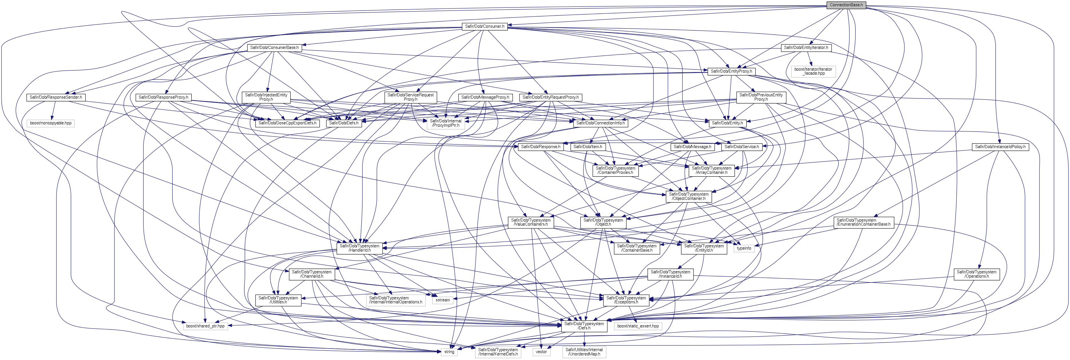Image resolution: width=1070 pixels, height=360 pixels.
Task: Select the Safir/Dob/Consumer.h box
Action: pyautogui.click(x=484, y=26)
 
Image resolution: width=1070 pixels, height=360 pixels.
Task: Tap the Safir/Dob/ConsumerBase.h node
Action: pyautogui.click(x=274, y=48)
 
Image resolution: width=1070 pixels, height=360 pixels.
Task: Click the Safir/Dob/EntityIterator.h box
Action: pyautogui.click(x=806, y=48)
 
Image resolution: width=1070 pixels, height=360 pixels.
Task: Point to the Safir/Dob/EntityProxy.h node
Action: pyautogui.click(x=731, y=71)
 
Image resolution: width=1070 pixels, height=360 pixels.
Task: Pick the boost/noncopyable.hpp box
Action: pyautogui.click(x=51, y=123)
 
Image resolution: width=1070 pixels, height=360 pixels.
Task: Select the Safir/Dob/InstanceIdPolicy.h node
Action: pyautogui.click(x=1000, y=147)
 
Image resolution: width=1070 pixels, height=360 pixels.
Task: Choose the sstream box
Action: pyautogui.click(x=443, y=300)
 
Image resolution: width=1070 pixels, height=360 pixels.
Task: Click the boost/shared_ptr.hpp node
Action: pyautogui.click(x=205, y=326)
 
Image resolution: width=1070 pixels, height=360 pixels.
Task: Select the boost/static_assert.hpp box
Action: pyautogui.click(x=638, y=326)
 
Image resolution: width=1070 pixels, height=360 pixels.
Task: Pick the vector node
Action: pyautogui.click(x=541, y=352)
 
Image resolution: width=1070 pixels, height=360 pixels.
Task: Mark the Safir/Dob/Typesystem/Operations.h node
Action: pyautogui.click(x=976, y=274)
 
